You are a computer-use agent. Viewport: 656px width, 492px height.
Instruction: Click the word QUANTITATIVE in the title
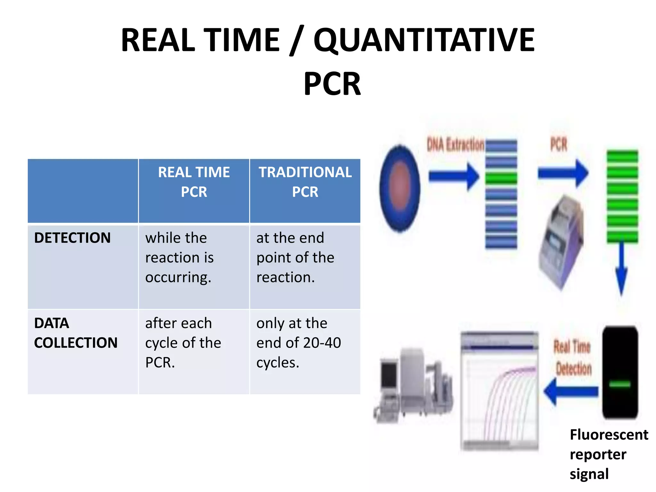click(x=424, y=40)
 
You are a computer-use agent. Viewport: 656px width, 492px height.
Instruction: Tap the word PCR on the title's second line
click(x=332, y=84)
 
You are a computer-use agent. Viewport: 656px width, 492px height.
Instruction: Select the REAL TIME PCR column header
click(x=194, y=182)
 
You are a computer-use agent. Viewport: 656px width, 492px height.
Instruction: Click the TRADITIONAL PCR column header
click(x=305, y=182)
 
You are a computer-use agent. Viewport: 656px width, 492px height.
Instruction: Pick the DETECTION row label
click(x=72, y=238)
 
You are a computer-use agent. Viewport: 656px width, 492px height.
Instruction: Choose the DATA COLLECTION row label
click(x=76, y=333)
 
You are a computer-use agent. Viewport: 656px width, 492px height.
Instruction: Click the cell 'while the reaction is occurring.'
click(x=179, y=258)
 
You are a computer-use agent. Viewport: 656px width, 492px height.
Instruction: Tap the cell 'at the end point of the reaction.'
click(x=295, y=258)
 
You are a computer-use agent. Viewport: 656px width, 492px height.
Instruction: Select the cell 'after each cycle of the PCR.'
click(x=183, y=343)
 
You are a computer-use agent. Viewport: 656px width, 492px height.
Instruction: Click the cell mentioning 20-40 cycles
click(x=298, y=343)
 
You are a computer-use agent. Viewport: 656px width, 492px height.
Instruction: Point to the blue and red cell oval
click(x=400, y=188)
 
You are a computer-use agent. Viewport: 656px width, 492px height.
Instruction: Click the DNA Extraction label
click(x=455, y=145)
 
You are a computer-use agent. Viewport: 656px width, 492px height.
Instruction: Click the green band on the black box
click(x=620, y=384)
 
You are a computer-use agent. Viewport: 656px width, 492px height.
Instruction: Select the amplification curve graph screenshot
click(x=499, y=391)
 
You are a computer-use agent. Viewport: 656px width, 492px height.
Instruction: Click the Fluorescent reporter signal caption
click(x=609, y=454)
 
